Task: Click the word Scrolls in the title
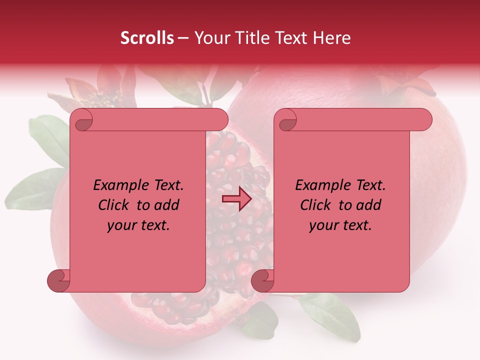(x=147, y=38)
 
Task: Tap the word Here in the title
(x=332, y=38)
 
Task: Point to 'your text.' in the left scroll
(x=138, y=225)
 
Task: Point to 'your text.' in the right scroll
(x=340, y=225)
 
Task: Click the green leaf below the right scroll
(x=330, y=315)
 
